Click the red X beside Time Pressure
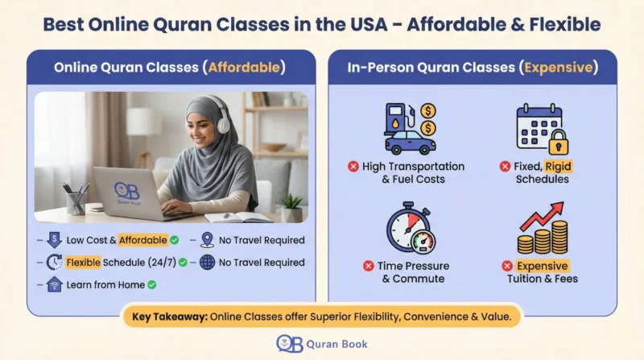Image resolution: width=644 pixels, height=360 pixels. (369, 266)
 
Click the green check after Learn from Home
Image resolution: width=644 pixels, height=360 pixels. (151, 284)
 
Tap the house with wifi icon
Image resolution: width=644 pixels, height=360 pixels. (55, 284)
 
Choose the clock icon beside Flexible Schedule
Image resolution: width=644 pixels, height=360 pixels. (55, 263)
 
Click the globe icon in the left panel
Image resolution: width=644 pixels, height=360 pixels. (208, 263)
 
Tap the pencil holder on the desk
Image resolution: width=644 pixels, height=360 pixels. (76, 201)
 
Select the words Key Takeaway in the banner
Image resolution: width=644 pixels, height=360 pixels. (168, 317)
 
